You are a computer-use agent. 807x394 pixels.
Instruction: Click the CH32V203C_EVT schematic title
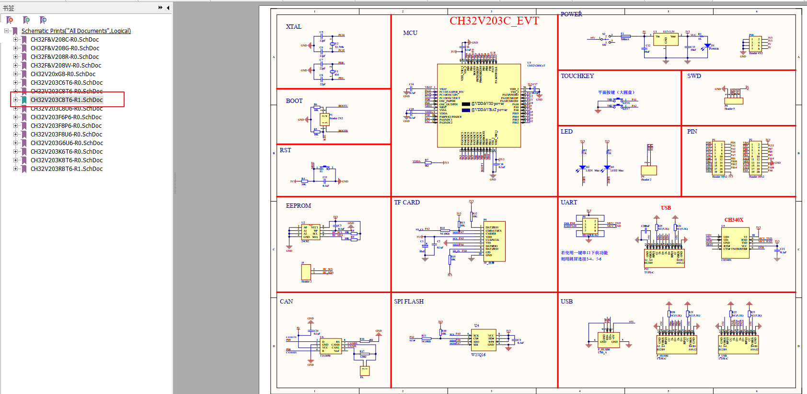coord(494,21)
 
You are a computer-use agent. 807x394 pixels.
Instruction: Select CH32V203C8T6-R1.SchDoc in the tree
coord(66,100)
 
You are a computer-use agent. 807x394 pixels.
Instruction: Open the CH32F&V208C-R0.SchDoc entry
coord(65,40)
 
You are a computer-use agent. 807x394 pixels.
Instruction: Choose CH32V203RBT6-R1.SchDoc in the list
coord(66,169)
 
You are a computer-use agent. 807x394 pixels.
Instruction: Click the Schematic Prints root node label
coord(76,31)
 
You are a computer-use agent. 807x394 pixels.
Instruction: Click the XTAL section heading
coord(293,27)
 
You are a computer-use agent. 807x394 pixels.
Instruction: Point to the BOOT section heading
coord(294,101)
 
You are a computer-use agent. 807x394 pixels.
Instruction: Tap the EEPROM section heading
coord(298,206)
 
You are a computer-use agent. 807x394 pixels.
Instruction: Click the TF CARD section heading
coord(407,203)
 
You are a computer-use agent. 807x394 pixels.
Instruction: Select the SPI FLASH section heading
coord(409,302)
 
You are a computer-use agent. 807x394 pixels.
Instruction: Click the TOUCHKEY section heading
coord(577,76)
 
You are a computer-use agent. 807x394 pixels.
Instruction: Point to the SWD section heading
coord(694,76)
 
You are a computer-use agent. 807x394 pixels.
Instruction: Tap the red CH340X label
coord(734,220)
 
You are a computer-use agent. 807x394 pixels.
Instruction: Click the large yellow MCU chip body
coord(479,105)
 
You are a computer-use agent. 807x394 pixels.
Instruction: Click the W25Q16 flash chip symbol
coord(484,339)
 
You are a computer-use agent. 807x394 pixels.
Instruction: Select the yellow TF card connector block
coord(495,241)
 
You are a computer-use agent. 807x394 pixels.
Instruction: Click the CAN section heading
coord(286,302)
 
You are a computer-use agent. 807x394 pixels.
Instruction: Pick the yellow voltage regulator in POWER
coord(666,40)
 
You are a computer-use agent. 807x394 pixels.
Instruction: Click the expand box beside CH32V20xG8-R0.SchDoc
coord(15,74)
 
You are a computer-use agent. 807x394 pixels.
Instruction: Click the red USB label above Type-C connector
coord(666,208)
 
